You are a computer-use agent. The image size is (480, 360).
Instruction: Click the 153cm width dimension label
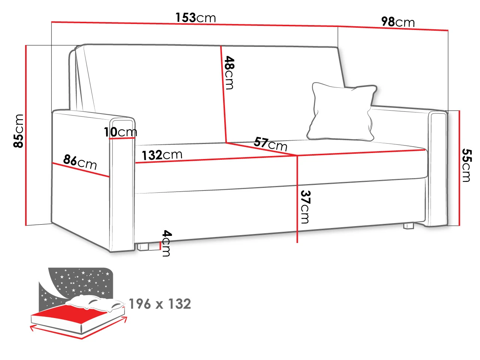coord(195,18)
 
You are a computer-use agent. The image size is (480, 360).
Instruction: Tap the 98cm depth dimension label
coord(398,22)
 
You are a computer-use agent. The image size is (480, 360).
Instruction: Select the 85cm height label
coord(18,131)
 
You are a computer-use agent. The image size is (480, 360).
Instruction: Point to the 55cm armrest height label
coord(467,165)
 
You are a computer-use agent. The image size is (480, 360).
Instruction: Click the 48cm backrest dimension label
coord(229,73)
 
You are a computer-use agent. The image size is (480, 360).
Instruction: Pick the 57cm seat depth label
coord(270,144)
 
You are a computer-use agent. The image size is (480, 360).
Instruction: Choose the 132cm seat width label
coord(162,155)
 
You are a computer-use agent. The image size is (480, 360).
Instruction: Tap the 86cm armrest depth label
coord(80,162)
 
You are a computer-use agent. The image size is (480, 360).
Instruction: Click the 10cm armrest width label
coord(120,132)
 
